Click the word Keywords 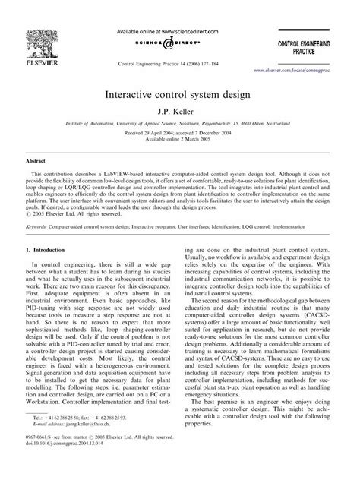39,226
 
